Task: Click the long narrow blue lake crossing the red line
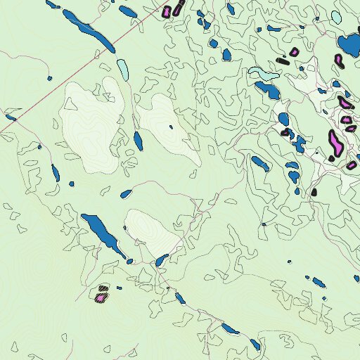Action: click(x=89, y=30)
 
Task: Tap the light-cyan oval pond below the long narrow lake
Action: click(x=123, y=69)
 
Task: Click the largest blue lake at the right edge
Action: click(x=349, y=45)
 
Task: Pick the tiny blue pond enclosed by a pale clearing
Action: click(x=171, y=127)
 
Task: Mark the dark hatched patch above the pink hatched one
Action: click(x=103, y=288)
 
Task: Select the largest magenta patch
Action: click(x=335, y=143)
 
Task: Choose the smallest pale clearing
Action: click(x=155, y=232)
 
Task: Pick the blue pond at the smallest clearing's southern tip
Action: click(x=161, y=260)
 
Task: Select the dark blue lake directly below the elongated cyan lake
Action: click(x=267, y=89)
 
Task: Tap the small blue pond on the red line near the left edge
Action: click(x=11, y=118)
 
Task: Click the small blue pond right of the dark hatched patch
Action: click(x=119, y=288)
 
